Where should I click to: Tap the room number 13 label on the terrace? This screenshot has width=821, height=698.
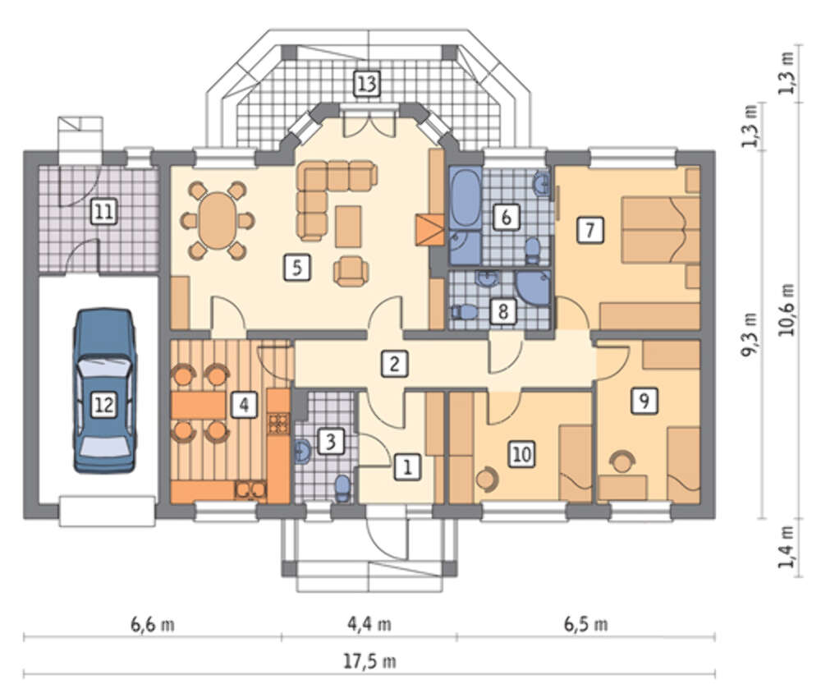tap(366, 83)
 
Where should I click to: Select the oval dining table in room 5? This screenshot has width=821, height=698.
tap(218, 220)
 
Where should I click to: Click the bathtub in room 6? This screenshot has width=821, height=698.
tap(466, 198)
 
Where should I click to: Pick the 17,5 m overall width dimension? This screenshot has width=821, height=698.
tap(369, 661)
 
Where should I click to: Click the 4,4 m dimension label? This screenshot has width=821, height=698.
tap(369, 623)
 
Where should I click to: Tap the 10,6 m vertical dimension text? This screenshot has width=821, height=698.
tap(787, 310)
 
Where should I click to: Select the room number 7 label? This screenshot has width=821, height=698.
tap(590, 230)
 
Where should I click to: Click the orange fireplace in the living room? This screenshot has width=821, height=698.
tap(430, 230)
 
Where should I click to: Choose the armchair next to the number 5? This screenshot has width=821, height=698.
tap(351, 271)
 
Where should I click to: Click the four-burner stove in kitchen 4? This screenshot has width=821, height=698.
tap(279, 424)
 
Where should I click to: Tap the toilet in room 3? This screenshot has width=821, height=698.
tap(342, 487)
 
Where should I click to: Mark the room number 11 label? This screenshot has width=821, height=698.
tap(103, 212)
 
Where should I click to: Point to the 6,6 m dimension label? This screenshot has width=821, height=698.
tap(153, 623)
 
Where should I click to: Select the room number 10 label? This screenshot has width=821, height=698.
tap(521, 454)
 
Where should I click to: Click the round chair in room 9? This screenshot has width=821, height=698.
tap(622, 462)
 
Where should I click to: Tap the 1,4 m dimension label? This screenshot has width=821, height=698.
tap(787, 547)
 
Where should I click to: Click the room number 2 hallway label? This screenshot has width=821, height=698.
tap(394, 364)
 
